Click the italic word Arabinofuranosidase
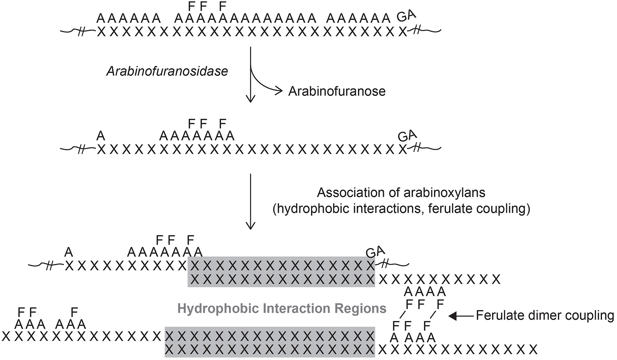167,71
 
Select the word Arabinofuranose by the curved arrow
337,92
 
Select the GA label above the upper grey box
375,252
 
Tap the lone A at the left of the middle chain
101,136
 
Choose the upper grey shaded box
281,272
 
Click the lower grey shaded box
270,342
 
